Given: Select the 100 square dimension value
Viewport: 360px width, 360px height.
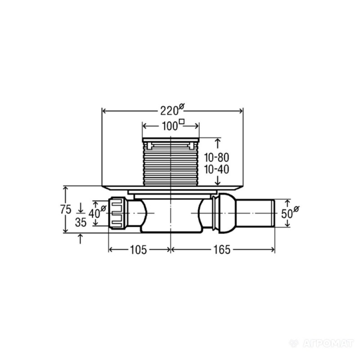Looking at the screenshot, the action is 173,125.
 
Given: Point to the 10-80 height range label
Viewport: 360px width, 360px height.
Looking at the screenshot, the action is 216,157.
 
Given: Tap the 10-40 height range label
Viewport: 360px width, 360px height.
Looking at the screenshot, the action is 216,170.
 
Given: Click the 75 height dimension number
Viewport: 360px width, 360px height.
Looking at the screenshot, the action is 66,209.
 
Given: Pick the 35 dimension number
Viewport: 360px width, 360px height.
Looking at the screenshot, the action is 81,222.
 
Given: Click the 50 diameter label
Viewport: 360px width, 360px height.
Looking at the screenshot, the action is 290,213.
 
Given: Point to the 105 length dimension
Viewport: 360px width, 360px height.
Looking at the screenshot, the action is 138,250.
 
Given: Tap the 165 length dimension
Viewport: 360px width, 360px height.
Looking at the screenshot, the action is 222,250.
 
